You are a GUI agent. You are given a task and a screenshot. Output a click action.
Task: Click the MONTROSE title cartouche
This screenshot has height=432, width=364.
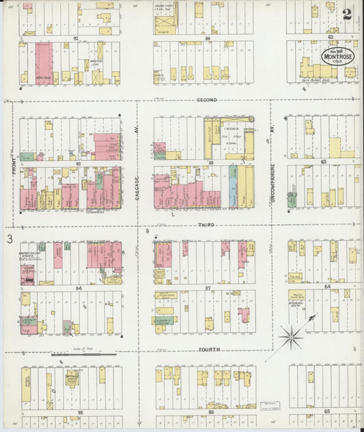pyautogui.click(x=338, y=55)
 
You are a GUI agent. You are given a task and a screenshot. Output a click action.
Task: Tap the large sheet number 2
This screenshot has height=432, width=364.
pyautogui.click(x=348, y=13)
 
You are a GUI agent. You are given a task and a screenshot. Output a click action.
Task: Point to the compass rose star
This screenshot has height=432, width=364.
pyautogui.click(x=292, y=336)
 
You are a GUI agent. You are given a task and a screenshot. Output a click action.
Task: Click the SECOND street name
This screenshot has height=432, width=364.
pyautogui.click(x=206, y=100)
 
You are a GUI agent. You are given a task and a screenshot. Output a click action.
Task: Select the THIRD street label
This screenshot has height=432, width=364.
pyautogui.click(x=206, y=225)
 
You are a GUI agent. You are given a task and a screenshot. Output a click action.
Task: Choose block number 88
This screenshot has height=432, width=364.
pyautogui.click(x=211, y=163)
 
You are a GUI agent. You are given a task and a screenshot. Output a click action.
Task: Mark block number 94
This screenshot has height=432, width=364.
pyautogui.click(x=79, y=288)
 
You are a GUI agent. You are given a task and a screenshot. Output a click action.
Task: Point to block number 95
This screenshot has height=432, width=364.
pyautogui.click(x=79, y=413)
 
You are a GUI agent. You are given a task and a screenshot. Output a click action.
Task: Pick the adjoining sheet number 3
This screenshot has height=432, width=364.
pyautogui.click(x=10, y=239)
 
